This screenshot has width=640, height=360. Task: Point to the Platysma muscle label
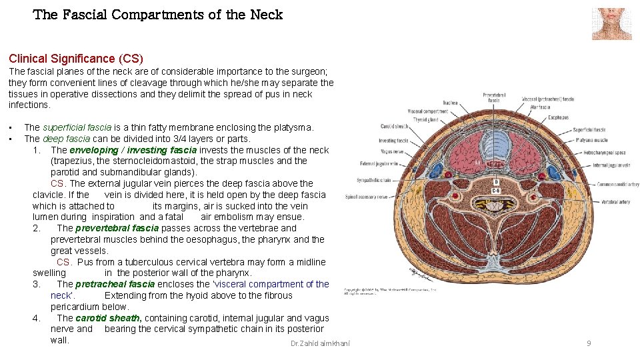tap(591, 140)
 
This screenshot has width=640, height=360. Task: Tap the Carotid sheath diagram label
tap(395, 126)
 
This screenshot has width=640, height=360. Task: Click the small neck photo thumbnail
tap(611, 24)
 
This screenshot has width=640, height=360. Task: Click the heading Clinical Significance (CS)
tap(76, 59)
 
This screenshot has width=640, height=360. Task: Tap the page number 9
tap(589, 343)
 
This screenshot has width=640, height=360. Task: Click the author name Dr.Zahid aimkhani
tap(320, 343)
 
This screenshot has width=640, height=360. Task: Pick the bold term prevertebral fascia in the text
tap(117, 228)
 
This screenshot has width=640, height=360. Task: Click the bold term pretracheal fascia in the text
tap(115, 284)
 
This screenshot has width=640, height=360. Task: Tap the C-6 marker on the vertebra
tap(496, 190)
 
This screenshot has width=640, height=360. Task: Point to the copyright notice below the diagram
tap(390, 292)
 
